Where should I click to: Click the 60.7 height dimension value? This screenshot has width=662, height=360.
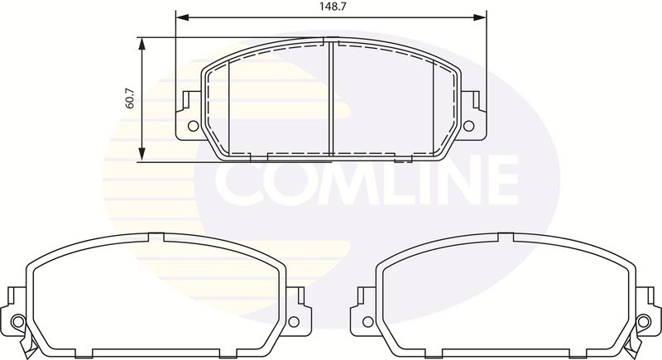point(130,98)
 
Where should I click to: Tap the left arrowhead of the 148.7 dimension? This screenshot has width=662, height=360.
point(182,17)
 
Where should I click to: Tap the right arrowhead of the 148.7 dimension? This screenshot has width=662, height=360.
point(480,17)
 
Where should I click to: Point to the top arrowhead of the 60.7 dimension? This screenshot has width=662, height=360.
point(142,44)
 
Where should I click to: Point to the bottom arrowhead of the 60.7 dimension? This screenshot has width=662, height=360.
point(142,154)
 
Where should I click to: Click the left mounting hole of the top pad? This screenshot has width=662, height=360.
point(193,126)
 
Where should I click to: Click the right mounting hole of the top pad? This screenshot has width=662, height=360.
point(468,126)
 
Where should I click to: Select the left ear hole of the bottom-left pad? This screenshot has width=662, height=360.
point(18,322)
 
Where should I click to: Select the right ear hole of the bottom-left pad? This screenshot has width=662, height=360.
point(294,322)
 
